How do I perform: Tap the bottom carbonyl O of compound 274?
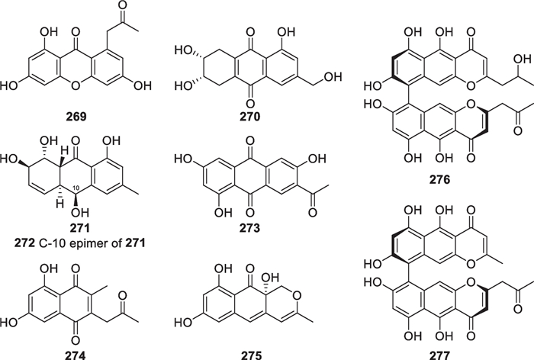point(71,335)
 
